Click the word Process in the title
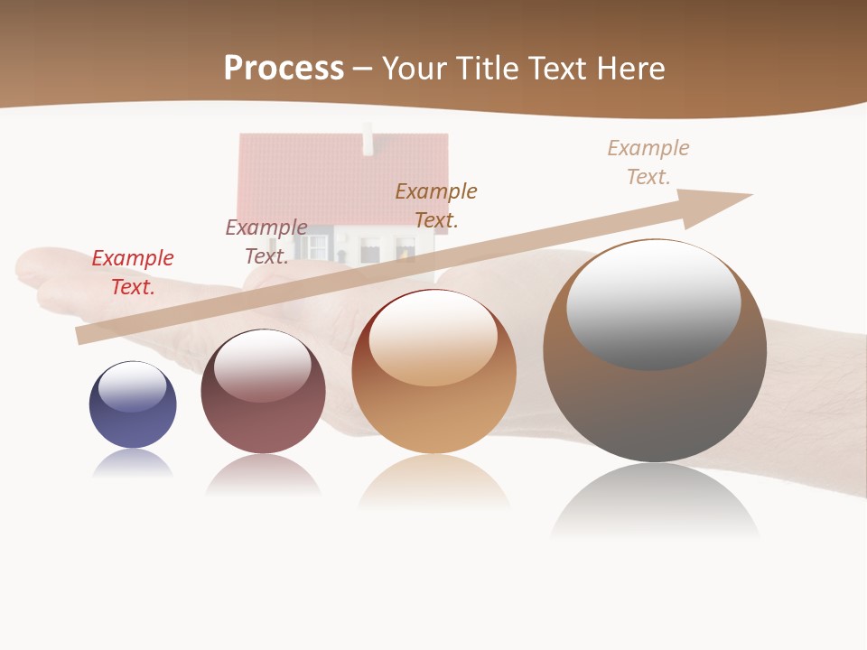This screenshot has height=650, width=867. tap(284, 69)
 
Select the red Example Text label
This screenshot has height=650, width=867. tap(133, 273)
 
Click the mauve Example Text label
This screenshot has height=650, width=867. tap(266, 242)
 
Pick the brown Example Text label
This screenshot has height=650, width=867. tap(436, 205)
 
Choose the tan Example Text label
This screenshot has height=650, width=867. tap(648, 162)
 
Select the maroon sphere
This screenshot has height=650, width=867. tap(263, 424)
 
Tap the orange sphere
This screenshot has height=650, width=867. tap(433, 415)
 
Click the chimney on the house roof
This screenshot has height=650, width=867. tap(368, 140)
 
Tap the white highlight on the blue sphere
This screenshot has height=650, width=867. tap(133, 386)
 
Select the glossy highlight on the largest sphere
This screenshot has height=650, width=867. tap(654, 303)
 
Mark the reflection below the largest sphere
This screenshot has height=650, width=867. tap(655, 501)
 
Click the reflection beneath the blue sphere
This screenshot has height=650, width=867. tap(133, 463)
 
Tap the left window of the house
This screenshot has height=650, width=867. tap(317, 246)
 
